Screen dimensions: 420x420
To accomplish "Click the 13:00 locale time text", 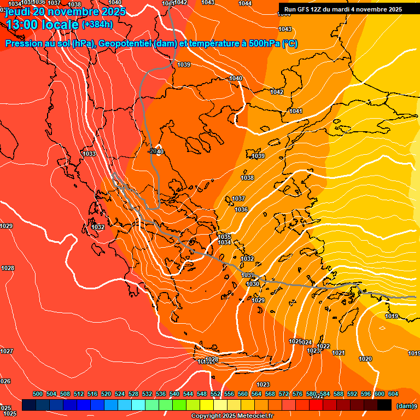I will (42, 25).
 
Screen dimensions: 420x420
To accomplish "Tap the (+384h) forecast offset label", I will (97, 24).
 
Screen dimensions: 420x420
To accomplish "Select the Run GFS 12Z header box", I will (343, 9).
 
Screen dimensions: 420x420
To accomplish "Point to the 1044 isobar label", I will (245, 3).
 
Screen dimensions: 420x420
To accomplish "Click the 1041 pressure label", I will (296, 111).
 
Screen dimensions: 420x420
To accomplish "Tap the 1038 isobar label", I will (247, 178).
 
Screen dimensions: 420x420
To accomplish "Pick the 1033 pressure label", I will (90, 154).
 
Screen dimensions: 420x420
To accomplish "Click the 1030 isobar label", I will (253, 284).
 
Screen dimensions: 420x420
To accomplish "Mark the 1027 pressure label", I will (7, 351).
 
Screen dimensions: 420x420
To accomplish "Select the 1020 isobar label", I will (365, 359).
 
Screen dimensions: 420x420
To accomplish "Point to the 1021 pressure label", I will (339, 353).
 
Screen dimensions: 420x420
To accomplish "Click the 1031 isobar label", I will (248, 275).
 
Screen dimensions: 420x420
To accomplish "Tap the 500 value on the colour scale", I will (38, 394).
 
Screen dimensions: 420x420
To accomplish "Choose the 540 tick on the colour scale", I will (174, 394).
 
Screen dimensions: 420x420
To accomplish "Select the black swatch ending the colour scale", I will (384, 405).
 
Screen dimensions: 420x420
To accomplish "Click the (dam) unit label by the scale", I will (404, 406).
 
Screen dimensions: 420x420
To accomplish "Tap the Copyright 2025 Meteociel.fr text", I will (232, 416).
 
